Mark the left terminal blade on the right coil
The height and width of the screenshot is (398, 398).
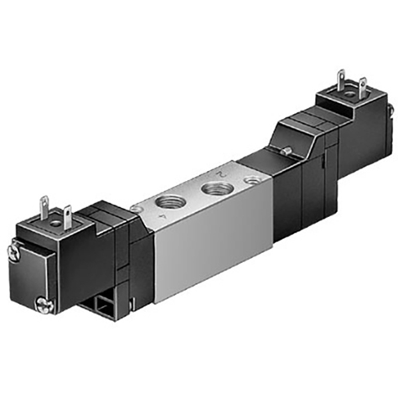coord(341,81)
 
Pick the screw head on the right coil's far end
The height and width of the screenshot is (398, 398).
coord(389,107)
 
